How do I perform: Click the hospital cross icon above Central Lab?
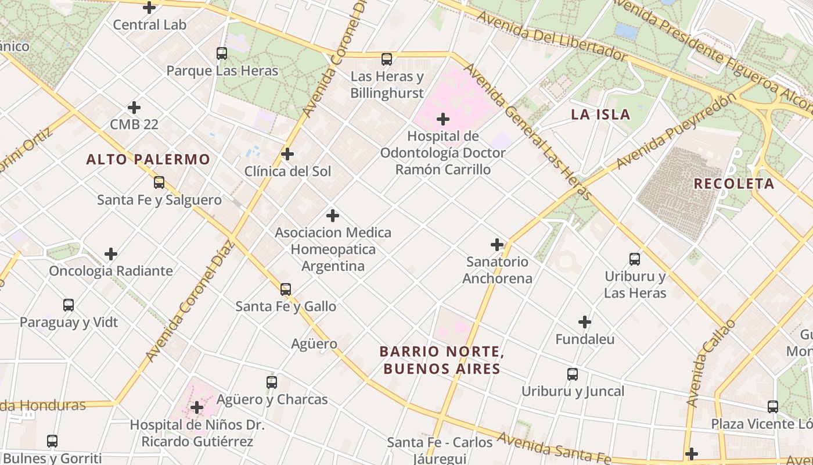pos(149,8)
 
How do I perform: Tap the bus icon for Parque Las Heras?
pos(222,53)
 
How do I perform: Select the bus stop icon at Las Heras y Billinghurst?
pos(387,59)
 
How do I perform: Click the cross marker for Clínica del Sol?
pos(287,154)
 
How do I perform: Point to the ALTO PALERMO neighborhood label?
pos(148,159)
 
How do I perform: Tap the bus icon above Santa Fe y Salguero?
pos(159,183)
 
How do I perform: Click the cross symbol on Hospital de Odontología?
pos(443,119)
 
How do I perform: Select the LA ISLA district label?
pos(600,115)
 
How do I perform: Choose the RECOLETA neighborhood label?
pos(734,184)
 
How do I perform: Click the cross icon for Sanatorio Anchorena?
pos(497,245)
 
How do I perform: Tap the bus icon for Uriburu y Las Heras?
pos(635,259)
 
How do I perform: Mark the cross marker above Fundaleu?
pos(585,322)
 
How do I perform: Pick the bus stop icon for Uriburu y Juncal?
pos(573,374)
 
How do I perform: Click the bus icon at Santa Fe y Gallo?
pos(286,289)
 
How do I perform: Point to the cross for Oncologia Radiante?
pos(111,254)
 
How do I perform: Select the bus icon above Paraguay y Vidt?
pos(69,305)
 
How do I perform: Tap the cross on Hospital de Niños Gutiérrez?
pos(197,407)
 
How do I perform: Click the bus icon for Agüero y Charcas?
pos(272,382)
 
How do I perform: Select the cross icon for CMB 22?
pos(134,108)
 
